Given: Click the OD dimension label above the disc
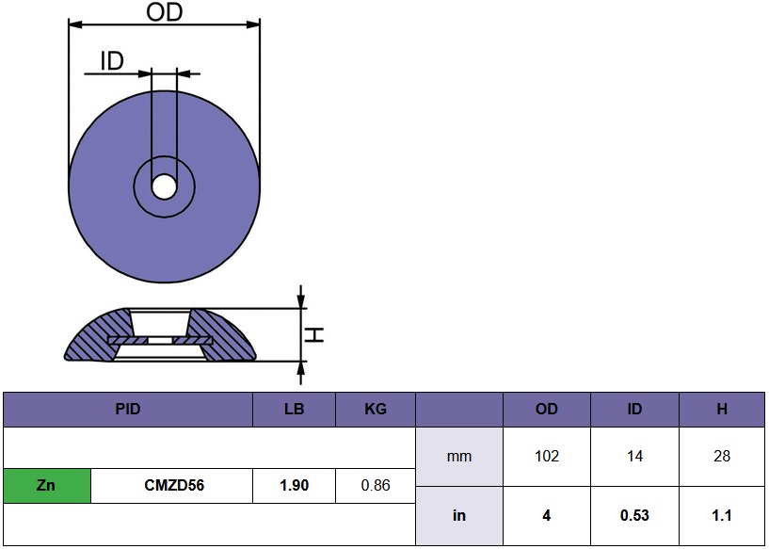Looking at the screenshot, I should point(164,12).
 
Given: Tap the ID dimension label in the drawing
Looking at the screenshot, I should point(111,62).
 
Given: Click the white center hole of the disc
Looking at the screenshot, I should point(164,186).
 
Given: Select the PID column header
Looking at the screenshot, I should point(128,410).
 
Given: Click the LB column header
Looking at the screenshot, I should point(294,410).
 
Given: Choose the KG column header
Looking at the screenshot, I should point(375,410).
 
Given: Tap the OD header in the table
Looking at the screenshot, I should point(546,410).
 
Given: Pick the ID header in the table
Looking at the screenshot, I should point(634,410).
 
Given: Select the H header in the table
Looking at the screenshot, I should point(721,410).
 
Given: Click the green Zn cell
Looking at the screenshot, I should point(47,486).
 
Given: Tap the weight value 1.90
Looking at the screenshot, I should point(294,486).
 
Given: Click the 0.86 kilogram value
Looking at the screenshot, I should point(375,486).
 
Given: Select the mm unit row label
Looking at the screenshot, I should point(458,457).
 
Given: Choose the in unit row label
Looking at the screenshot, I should point(458,515).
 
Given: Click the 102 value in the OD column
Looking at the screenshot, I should point(546,457).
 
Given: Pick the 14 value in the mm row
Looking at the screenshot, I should point(634,457).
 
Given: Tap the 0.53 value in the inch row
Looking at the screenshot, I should point(634,515).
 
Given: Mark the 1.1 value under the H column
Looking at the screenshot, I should point(721,515).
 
